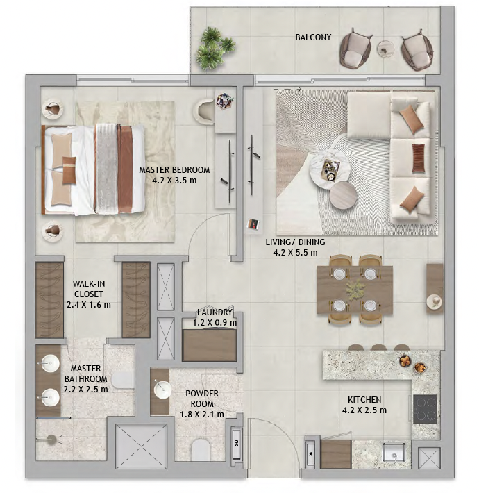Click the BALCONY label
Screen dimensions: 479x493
[313, 37]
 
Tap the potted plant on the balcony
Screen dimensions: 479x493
[215, 48]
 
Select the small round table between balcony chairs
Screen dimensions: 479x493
[386, 49]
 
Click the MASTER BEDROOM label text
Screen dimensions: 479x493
[174, 170]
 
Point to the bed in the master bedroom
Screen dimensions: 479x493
[93, 170]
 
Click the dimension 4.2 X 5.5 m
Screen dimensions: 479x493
[295, 253]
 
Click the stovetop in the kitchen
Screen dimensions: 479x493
[426, 409]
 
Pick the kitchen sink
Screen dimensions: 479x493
[394, 453]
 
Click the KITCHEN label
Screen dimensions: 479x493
[364, 400]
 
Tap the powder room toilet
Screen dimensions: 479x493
[201, 450]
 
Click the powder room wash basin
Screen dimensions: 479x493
[162, 390]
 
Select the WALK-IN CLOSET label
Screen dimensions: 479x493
[89, 289]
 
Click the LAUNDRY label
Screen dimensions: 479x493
[215, 312]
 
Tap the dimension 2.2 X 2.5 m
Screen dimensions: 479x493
[85, 390]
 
